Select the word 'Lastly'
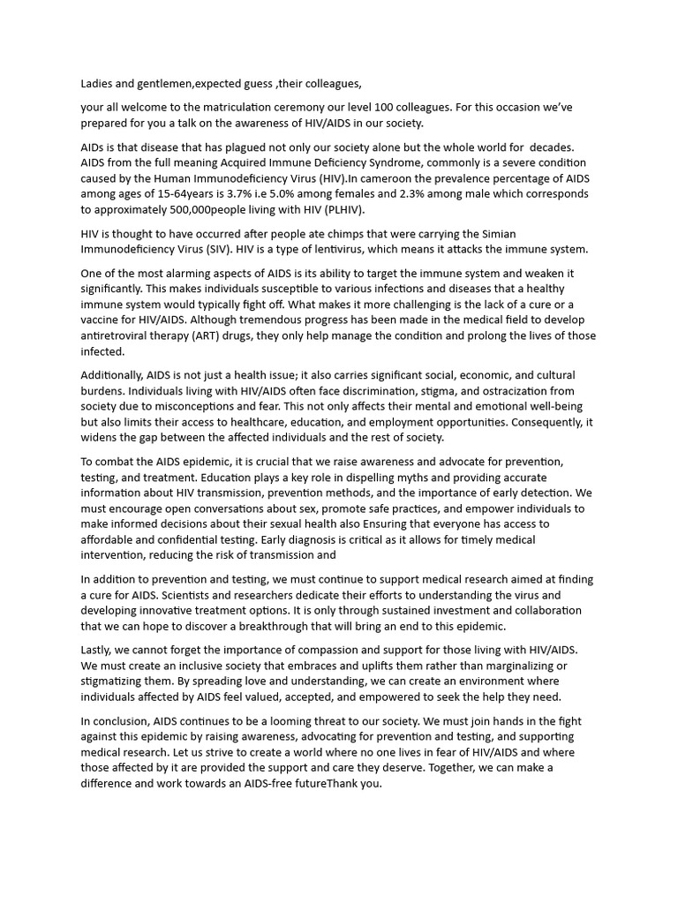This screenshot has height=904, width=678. coord(97,650)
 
